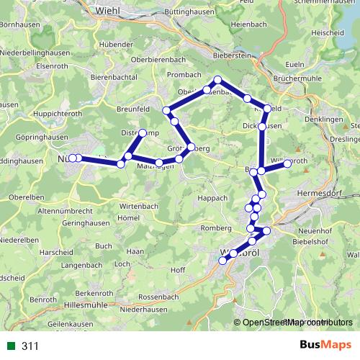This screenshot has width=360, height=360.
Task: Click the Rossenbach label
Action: tap(158, 297)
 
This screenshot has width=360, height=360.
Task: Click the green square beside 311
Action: tap(11, 346)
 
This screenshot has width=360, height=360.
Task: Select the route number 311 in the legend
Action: tap(30, 346)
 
